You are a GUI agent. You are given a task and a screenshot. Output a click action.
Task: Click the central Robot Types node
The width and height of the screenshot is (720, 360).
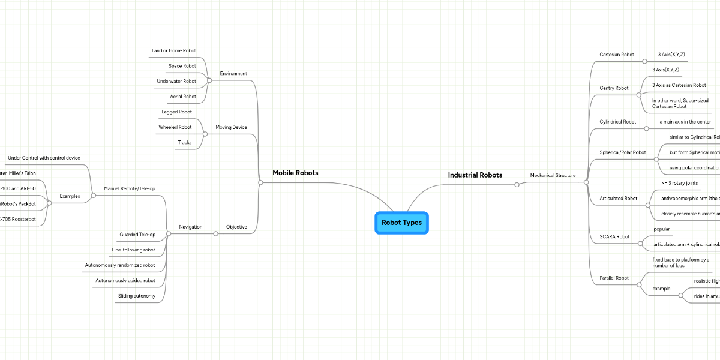tap(401, 223)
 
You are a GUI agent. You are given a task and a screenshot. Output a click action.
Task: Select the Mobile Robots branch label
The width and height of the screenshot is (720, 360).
tap(295, 173)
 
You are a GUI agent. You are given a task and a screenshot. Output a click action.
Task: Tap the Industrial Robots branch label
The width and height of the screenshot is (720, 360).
tap(475, 175)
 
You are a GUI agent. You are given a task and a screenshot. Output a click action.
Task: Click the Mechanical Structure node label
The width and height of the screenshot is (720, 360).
tap(553, 175)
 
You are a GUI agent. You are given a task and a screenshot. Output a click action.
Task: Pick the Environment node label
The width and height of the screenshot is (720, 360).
tap(233, 73)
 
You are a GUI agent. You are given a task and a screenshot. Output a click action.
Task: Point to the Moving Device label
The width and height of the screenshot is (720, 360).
tap(231, 127)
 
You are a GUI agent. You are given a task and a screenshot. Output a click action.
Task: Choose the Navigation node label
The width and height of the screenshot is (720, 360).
tap(190, 227)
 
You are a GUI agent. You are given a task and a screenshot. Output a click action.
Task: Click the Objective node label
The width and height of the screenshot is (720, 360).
tap(236, 227)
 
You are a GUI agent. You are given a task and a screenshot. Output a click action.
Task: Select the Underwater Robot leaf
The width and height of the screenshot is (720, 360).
tap(176, 81)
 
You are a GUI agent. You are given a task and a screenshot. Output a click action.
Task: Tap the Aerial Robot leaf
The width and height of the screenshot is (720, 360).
tap(183, 96)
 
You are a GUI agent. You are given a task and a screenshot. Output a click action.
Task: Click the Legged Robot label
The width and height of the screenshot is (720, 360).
tap(176, 112)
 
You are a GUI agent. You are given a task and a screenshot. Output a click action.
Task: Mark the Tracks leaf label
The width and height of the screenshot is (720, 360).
tap(184, 142)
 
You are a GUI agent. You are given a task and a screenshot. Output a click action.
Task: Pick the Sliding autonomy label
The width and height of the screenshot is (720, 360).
tap(137, 296)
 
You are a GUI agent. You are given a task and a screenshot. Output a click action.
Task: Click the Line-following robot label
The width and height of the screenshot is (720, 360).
tap(133, 250)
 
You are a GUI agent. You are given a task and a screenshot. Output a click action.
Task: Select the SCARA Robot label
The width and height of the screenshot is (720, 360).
tap(614, 236)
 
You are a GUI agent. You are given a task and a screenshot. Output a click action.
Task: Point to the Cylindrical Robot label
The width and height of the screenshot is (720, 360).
tap(617, 122)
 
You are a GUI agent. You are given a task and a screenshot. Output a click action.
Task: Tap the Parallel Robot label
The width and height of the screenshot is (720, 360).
tap(614, 278)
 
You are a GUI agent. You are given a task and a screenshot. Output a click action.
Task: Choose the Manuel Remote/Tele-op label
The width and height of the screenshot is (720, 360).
tap(130, 188)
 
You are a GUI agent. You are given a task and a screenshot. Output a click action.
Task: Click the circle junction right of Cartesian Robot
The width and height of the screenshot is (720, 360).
tap(644, 61)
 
